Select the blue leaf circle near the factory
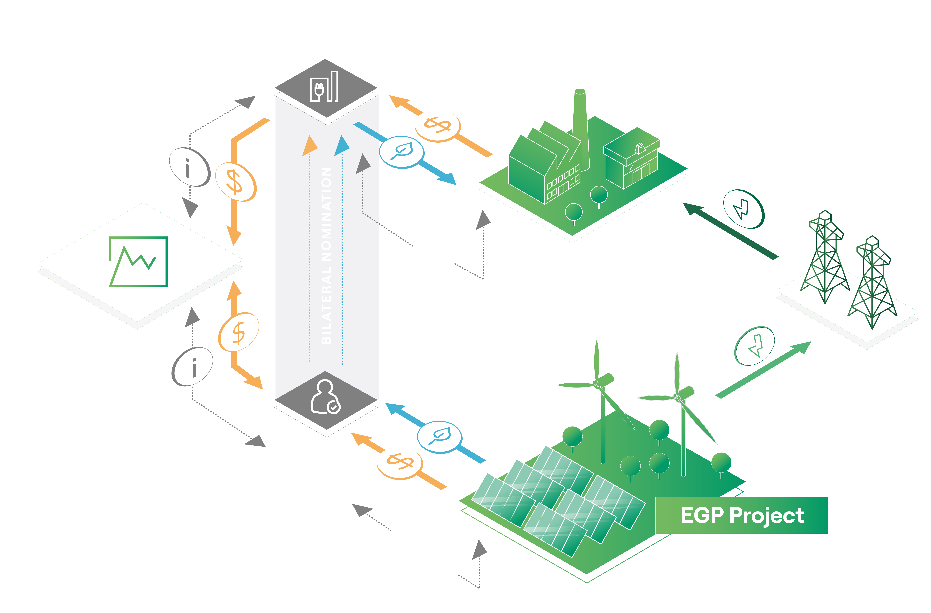click(402, 152)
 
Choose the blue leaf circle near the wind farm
click(439, 437)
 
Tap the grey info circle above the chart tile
click(190, 167)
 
